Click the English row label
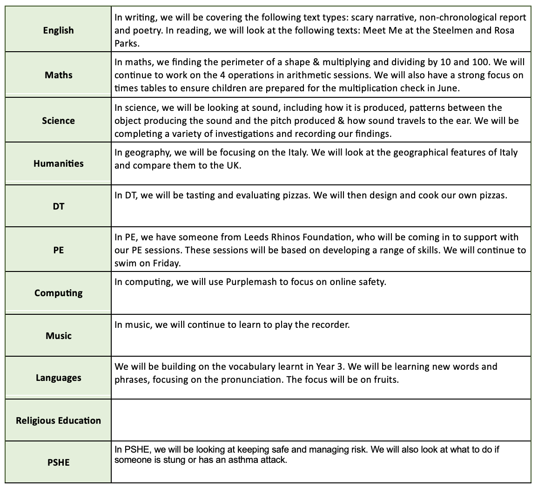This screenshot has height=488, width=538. click(58, 30)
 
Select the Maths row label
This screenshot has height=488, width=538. click(58, 75)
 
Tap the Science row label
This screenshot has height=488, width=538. click(58, 121)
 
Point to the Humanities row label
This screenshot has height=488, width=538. click(58, 163)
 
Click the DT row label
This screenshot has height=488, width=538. click(58, 206)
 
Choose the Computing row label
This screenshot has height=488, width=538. click(58, 293)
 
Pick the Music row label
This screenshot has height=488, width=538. click(58, 336)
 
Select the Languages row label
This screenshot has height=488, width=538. click(58, 378)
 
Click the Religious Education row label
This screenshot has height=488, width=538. click(58, 420)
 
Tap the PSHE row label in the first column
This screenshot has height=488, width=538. click(58, 463)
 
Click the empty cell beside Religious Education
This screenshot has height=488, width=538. click(321, 420)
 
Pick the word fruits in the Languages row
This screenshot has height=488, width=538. click(386, 380)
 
